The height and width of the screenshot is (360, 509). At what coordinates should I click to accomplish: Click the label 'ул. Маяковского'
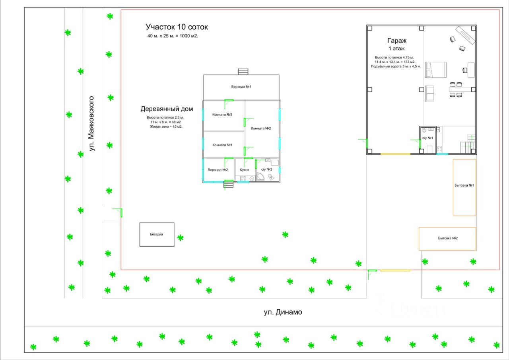pyautogui.click(x=91, y=123)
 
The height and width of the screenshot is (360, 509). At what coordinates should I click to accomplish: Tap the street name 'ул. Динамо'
pyautogui.click(x=283, y=312)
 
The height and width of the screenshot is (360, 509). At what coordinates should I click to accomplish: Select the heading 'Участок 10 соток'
pyautogui.click(x=177, y=27)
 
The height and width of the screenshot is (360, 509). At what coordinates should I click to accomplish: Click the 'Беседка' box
pyautogui.click(x=157, y=234)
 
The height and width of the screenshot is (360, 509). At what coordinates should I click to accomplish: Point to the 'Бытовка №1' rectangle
pyautogui.click(x=464, y=187)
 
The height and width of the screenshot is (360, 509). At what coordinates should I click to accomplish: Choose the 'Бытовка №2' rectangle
pyautogui.click(x=447, y=239)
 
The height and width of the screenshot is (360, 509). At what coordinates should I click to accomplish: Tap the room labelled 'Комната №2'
pyautogui.click(x=261, y=128)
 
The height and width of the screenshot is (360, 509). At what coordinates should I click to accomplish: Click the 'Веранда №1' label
pyautogui.click(x=241, y=87)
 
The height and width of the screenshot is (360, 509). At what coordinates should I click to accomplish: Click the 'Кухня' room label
pyautogui.click(x=244, y=170)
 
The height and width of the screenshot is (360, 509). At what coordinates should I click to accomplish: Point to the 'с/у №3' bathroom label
pyautogui.click(x=266, y=170)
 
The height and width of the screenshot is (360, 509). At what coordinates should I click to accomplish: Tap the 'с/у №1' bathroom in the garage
pyautogui.click(x=427, y=137)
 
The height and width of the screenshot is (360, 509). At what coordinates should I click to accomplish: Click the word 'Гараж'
pyautogui.click(x=396, y=41)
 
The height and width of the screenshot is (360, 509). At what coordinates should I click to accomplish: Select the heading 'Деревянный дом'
pyautogui.click(x=167, y=109)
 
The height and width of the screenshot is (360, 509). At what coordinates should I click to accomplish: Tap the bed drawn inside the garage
pyautogui.click(x=435, y=70)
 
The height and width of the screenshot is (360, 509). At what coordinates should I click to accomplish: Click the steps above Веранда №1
pyautogui.click(x=243, y=72)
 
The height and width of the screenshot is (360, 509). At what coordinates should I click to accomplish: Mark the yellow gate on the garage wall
pyautogui.click(x=395, y=154)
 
